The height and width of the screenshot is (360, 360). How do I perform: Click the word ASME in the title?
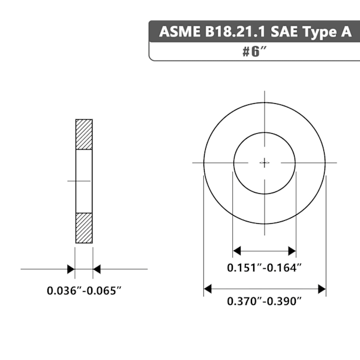tap(179, 31)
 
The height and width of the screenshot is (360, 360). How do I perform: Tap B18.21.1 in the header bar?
tap(235, 31)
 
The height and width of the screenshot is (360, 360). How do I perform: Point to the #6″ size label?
tap(254, 52)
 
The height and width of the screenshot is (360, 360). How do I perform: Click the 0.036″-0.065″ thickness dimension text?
tap(84, 290)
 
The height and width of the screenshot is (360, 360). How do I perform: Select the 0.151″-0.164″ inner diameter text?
tap(264, 268)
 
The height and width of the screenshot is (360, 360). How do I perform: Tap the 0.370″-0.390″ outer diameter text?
tap(264, 301)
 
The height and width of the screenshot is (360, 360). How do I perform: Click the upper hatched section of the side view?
tap(84, 134)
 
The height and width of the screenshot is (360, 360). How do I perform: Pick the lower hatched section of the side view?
tap(84, 228)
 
